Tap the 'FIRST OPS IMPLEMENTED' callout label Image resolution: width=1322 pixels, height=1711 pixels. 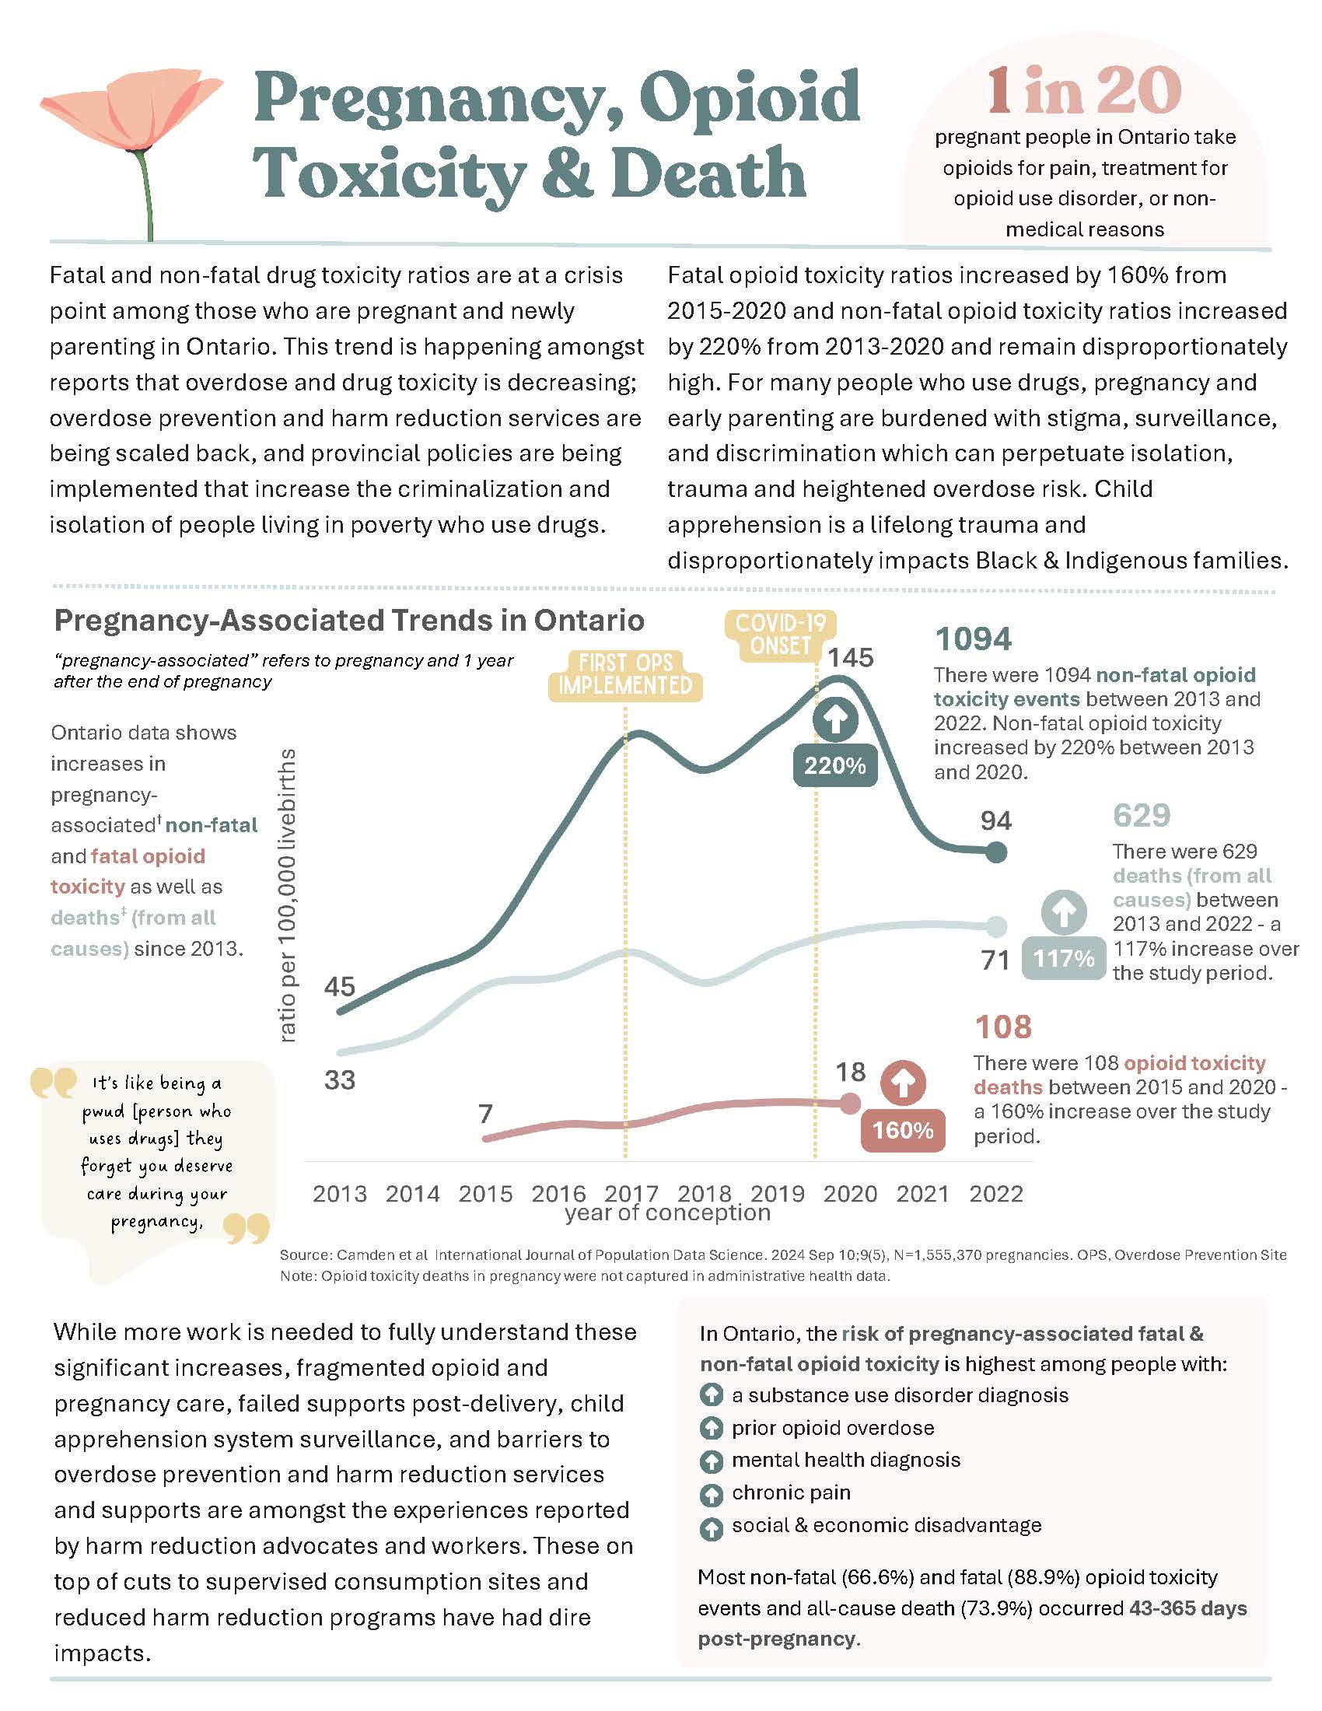tap(625, 674)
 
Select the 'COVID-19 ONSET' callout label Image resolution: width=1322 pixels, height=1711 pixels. tap(780, 635)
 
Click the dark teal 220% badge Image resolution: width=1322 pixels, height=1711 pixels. tap(835, 765)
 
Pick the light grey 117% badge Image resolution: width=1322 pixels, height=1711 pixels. tap(1063, 958)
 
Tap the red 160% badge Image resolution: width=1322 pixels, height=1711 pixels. tap(902, 1131)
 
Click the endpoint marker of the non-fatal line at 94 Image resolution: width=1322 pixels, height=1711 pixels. tap(995, 852)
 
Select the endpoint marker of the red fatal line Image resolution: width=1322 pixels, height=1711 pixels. tap(850, 1104)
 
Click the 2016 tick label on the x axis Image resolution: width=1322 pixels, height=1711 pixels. tap(558, 1194)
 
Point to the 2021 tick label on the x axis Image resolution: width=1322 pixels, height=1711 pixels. tap(922, 1194)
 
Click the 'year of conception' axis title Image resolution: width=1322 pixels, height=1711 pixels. tap(667, 1213)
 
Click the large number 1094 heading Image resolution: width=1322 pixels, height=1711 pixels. tap(973, 639)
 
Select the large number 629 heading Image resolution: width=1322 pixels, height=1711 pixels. tap(1141, 816)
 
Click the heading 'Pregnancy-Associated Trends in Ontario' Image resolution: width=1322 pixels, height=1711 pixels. tap(349, 621)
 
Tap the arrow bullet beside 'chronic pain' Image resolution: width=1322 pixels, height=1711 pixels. tap(710, 1495)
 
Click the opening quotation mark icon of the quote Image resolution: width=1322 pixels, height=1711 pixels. tap(52, 1083)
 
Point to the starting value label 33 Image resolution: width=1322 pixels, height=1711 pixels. tap(340, 1080)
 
